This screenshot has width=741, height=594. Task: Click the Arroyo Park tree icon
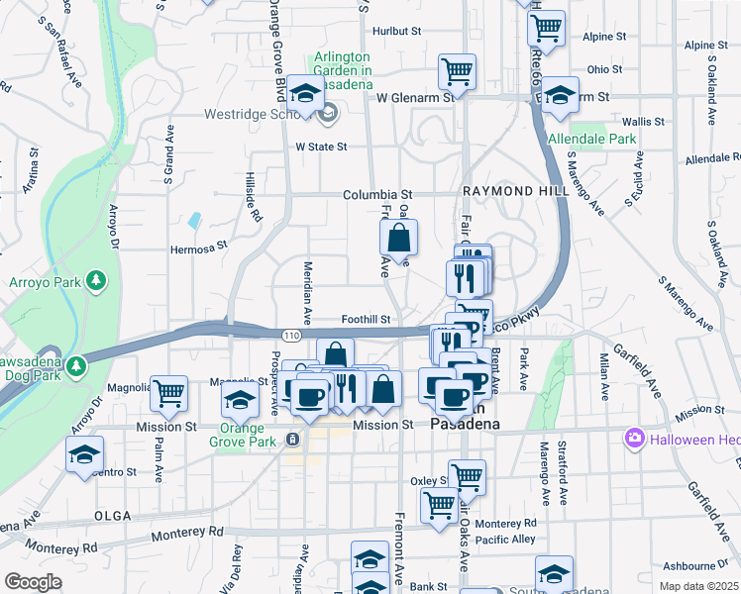(96, 281)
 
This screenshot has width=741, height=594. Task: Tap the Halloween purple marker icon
(635, 437)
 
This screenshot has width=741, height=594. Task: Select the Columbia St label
(377, 195)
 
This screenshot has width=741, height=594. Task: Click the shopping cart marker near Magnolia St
(169, 392)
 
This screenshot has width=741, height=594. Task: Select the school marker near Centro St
(85, 454)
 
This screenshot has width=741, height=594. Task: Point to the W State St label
(322, 147)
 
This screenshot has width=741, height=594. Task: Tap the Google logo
(34, 582)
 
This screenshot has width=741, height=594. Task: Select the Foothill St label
(368, 320)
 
